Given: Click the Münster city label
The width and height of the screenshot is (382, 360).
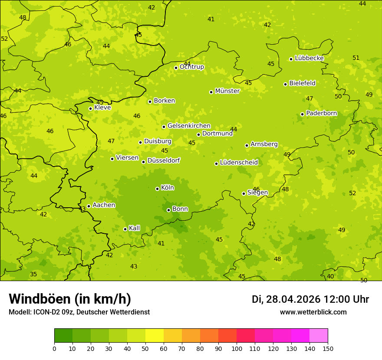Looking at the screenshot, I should point(227,91).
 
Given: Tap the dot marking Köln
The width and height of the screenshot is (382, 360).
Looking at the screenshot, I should point(157,189).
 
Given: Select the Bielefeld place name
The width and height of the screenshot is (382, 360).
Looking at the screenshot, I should point(302,83).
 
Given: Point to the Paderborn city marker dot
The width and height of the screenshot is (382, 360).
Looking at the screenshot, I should point(302,114).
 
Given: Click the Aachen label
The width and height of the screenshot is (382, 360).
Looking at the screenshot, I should point(104,205).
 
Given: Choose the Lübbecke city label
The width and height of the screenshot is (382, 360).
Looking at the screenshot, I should point(309,58).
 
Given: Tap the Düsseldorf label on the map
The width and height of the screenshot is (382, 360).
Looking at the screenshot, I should point(164,160).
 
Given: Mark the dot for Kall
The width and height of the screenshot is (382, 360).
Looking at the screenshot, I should point(125,229).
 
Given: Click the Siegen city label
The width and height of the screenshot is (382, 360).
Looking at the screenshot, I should point(257,193).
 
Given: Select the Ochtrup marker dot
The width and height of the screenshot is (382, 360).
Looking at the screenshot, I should point(176,68).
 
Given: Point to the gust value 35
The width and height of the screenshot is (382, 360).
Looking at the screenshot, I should point(33,275).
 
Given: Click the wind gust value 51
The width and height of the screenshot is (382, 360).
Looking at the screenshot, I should point(356,58).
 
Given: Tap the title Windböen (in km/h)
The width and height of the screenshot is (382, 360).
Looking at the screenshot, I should point(70,299).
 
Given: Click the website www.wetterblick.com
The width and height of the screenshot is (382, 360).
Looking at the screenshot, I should point(313,312).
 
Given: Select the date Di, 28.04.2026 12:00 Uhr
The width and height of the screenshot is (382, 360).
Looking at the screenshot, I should point(310,299).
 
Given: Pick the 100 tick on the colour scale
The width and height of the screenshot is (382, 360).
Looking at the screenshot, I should point(237,348).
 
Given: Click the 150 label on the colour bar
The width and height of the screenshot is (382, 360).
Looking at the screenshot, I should point(328,348).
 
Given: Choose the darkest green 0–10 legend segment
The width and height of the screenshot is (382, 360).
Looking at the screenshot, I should point(63,336).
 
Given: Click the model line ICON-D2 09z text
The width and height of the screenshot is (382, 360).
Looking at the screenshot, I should point(79,312).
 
